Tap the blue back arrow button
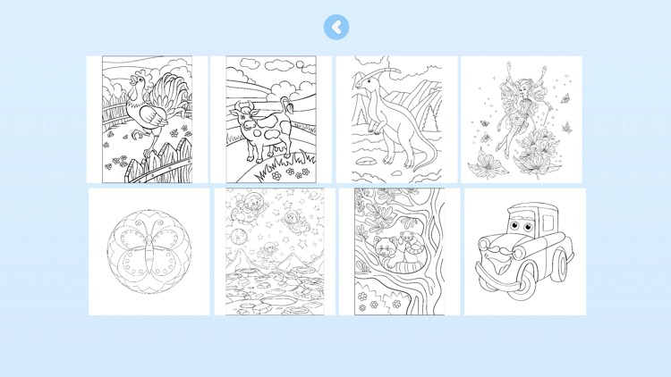335,28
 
